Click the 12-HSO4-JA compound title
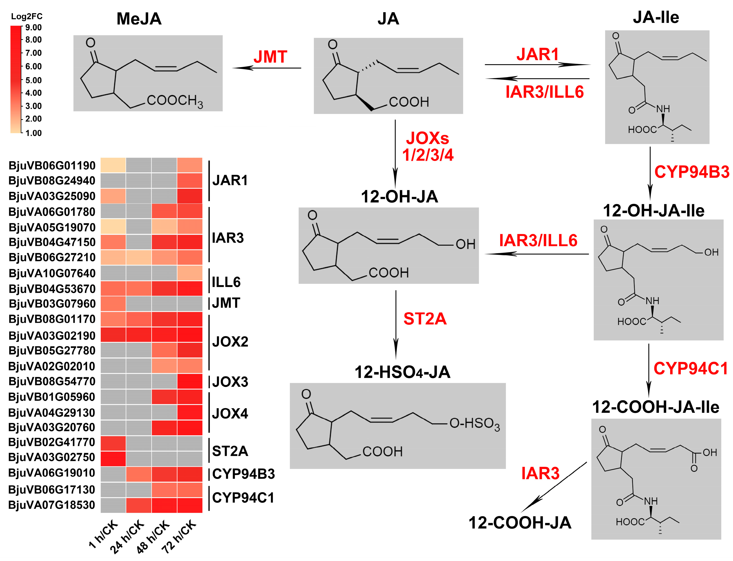click(402, 372)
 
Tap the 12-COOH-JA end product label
click(520, 523)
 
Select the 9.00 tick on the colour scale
click(33, 27)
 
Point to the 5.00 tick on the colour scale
click(33, 80)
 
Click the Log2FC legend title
click(27, 16)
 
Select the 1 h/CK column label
click(104, 534)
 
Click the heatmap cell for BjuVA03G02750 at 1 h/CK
click(113, 458)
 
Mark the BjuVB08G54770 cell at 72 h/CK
click(190, 381)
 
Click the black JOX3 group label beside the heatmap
click(230, 382)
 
